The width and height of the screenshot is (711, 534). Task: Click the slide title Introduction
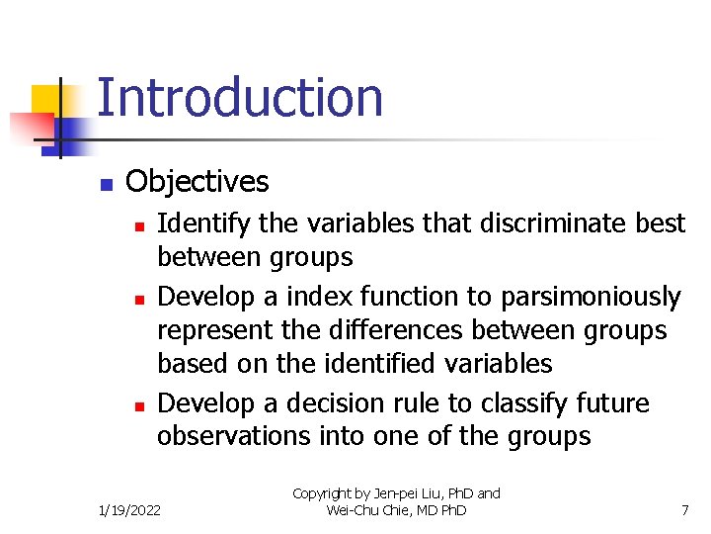click(240, 98)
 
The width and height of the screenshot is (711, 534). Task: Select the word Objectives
click(197, 182)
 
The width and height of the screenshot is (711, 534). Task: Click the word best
click(661, 224)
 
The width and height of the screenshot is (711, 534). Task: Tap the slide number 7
click(684, 510)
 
